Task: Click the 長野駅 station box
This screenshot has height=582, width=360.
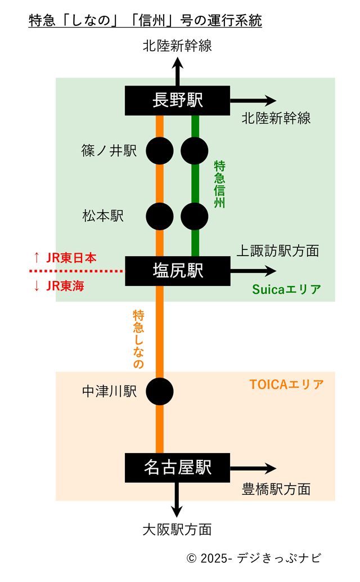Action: pyautogui.click(x=177, y=101)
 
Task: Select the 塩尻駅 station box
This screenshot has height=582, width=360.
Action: pyautogui.click(x=177, y=271)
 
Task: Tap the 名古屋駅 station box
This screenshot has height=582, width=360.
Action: pyautogui.click(x=177, y=467)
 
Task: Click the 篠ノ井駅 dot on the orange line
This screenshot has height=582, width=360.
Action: pyautogui.click(x=160, y=151)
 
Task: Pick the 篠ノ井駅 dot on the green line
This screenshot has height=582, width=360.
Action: pyautogui.click(x=195, y=151)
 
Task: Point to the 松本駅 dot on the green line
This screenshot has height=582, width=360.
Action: pyautogui.click(x=195, y=216)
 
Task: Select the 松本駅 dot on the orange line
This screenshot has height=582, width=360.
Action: pyautogui.click(x=160, y=216)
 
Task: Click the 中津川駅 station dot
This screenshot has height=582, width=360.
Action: pyautogui.click(x=160, y=390)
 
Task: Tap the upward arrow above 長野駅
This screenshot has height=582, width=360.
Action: pyautogui.click(x=177, y=71)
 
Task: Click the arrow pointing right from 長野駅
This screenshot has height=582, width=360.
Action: pyautogui.click(x=253, y=101)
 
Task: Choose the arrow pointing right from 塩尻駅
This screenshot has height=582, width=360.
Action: pyautogui.click(x=253, y=271)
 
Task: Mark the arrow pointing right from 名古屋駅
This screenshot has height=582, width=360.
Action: pyautogui.click(x=253, y=468)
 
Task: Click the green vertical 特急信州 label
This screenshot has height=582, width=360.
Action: pyautogui.click(x=219, y=184)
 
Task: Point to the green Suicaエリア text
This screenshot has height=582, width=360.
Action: pyautogui.click(x=286, y=290)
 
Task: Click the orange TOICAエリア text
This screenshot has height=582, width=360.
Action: pyautogui.click(x=286, y=385)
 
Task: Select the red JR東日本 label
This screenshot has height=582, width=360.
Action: pyautogui.click(x=65, y=258)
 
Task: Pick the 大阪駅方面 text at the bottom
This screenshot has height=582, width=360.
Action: pyautogui.click(x=177, y=529)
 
